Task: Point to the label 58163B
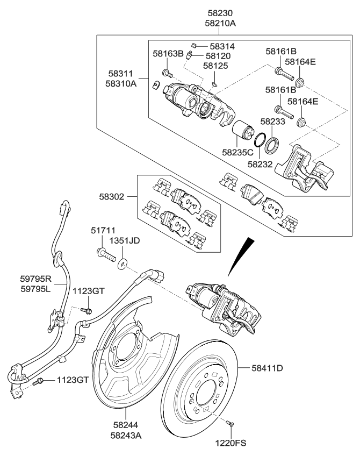[168, 54]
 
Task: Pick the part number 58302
[111, 197]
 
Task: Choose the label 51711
[102, 230]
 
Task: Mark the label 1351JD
[125, 240]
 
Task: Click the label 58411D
[268, 368]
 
